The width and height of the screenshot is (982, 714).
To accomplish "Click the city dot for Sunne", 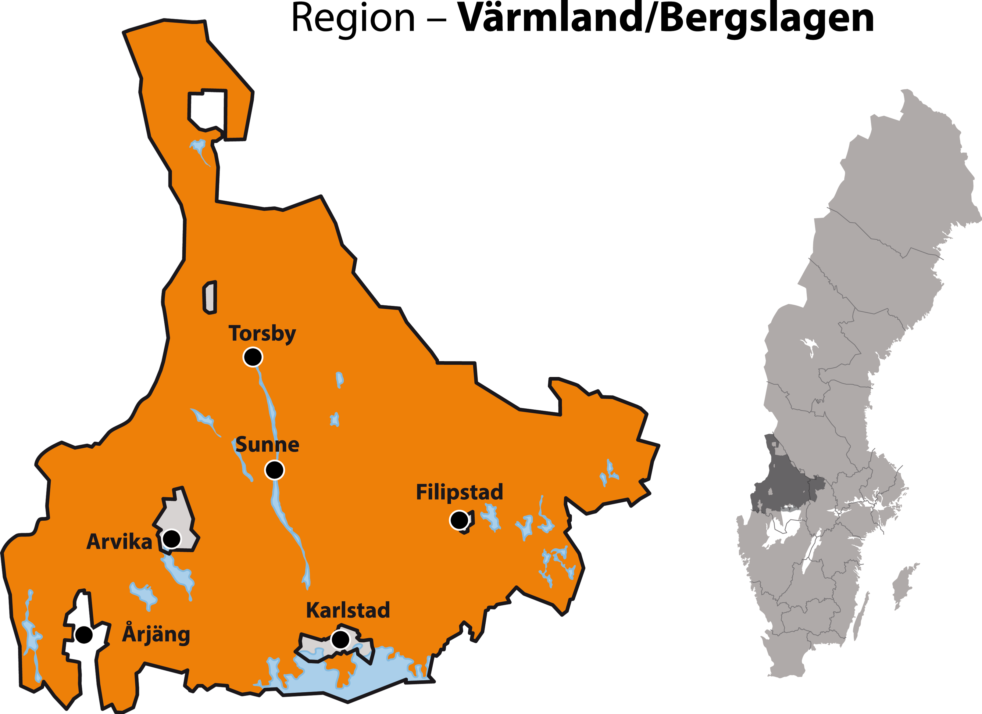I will (274, 470).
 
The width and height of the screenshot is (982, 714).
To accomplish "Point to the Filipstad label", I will (459, 492).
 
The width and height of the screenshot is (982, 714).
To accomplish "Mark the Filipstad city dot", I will (459, 519).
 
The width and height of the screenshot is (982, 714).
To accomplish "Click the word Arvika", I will (119, 542).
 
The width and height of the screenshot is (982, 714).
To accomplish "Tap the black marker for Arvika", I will (171, 539).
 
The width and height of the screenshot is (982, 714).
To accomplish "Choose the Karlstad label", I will (348, 610).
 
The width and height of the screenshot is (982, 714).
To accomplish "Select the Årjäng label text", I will (156, 634).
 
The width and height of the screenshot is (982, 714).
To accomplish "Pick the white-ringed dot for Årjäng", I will (84, 635).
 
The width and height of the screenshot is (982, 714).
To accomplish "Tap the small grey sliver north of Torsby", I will (210, 297).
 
